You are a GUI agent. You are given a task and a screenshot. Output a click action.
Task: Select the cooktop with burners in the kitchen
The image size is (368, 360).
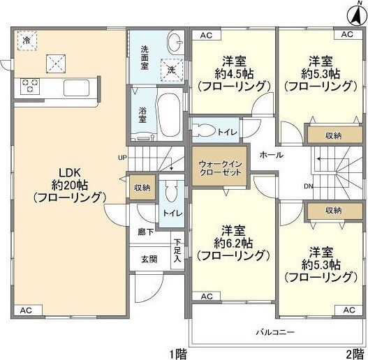pyautogui.click(x=31, y=86)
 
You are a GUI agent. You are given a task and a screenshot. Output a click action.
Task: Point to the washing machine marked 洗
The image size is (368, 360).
pyautogui.click(x=171, y=69)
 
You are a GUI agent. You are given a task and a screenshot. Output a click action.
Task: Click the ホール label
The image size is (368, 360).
pyautogui.click(x=270, y=155)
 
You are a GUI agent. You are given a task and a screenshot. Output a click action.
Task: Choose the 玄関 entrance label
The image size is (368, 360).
pyautogui.click(x=149, y=259)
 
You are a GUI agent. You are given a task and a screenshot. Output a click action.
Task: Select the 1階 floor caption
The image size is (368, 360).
pyautogui.click(x=177, y=352)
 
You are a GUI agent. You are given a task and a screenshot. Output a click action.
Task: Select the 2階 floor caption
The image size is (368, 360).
pyautogui.click(x=354, y=352)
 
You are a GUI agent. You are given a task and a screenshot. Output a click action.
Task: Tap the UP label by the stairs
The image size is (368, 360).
pyautogui.click(x=123, y=158)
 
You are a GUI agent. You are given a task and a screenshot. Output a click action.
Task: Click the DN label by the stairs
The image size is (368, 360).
pyautogui.click(x=308, y=186)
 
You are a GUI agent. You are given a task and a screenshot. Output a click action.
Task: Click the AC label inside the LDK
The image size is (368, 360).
pyautogui.click(x=26, y=310)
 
